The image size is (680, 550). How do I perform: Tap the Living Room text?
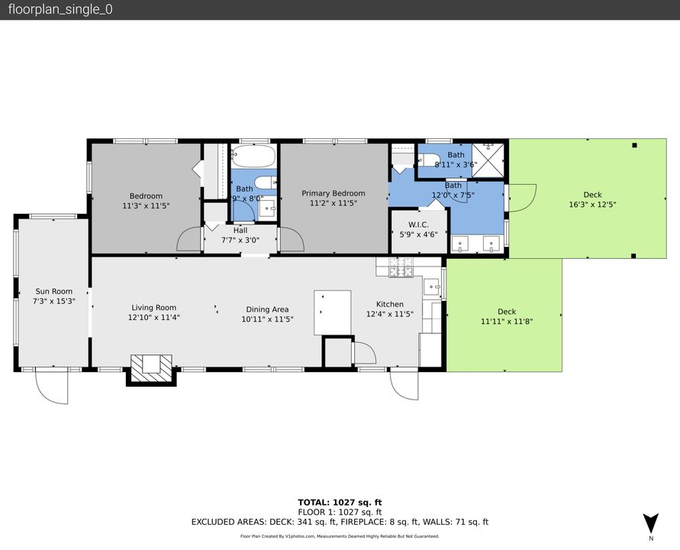coord(153,308)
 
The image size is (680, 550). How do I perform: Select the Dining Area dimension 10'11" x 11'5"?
coord(267,319)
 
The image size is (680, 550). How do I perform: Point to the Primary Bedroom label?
coord(333,193)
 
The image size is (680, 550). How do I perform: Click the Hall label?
coord(240,230)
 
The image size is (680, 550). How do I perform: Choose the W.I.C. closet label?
coord(418,225)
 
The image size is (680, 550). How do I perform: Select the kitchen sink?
coord(432,287)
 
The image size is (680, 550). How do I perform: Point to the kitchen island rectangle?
coord(333,312)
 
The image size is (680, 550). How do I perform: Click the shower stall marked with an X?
coord(488,160)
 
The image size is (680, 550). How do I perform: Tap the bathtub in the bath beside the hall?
coord(252,158)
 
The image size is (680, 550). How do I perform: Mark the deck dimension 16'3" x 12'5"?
coord(592,204)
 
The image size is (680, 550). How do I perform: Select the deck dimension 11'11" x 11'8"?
coord(507,322)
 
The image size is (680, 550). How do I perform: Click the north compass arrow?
coord(649,525)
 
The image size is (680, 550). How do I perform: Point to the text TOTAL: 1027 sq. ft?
coord(340,502)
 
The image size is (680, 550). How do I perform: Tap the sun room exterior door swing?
coord(52,387)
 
